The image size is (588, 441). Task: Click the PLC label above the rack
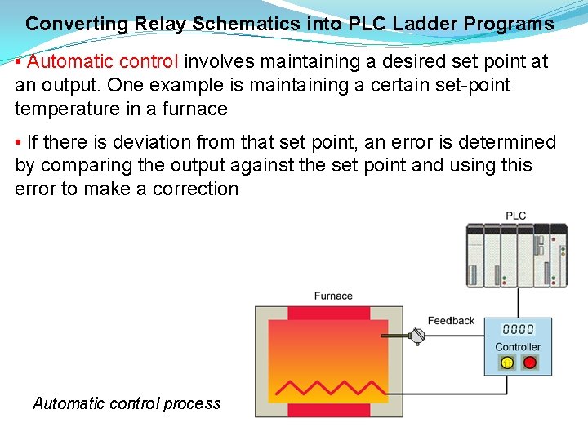point(515,216)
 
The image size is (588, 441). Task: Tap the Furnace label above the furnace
point(333,296)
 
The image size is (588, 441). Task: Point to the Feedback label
point(451,321)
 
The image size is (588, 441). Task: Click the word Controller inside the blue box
point(518,347)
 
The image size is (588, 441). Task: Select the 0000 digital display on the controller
point(518,329)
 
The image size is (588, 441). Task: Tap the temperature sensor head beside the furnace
point(417,336)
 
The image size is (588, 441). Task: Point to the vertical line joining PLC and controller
point(515,302)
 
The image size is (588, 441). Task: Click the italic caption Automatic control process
point(127,403)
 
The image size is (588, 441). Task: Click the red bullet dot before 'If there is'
point(19,143)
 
